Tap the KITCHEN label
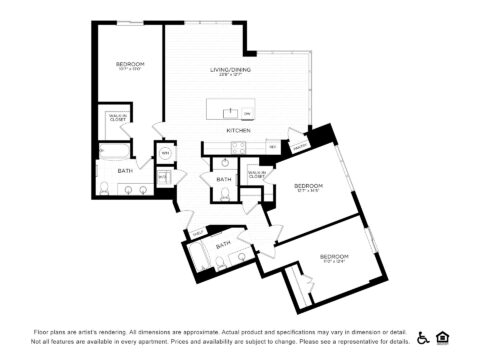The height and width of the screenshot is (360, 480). (238, 131)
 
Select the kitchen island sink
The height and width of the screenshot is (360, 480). (232, 112)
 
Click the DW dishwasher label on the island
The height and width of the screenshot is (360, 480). (246, 113)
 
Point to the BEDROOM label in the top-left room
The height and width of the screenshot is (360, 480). (130, 64)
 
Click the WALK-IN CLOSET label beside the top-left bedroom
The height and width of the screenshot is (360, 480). (117, 118)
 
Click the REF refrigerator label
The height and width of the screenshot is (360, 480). (272, 147)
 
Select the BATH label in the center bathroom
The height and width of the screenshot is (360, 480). (224, 179)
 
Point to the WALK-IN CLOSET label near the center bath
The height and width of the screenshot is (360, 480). (257, 175)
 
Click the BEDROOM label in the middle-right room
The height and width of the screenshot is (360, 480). (307, 186)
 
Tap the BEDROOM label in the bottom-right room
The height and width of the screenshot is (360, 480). (333, 257)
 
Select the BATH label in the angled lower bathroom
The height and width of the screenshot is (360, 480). (224, 244)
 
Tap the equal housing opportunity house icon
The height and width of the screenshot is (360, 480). (443, 337)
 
